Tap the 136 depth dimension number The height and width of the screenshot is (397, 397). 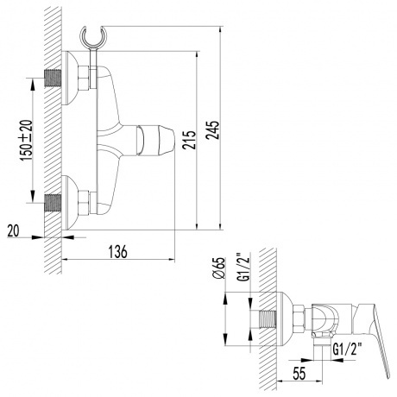pos(118,251)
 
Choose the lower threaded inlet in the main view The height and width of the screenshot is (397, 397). pos(54,208)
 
